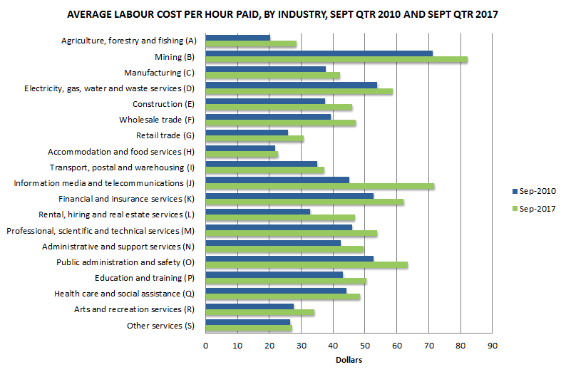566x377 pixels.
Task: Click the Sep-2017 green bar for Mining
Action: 336,59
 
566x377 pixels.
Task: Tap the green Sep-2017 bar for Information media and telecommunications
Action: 319,187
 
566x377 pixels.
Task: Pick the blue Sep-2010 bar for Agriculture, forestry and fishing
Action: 237,37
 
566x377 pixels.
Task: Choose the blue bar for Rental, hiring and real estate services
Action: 257,212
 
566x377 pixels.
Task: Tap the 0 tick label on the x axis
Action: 205,346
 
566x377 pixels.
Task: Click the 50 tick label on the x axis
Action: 364,346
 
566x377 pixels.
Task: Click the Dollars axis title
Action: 349,360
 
